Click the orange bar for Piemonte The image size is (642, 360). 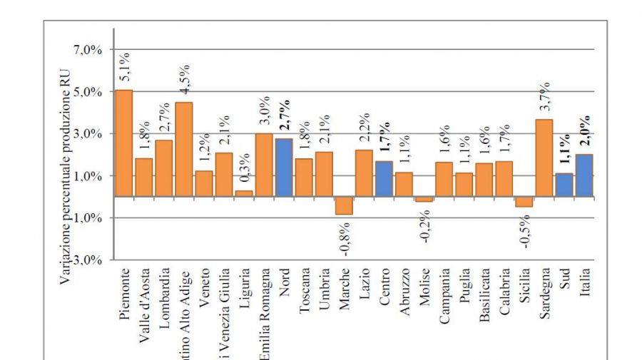tap(124, 143)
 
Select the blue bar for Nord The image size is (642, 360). tap(284, 168)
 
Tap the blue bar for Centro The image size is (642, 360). tap(384, 178)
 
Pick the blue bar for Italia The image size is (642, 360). tap(584, 175)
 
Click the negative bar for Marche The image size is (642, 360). tap(344, 205)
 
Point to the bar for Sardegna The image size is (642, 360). tap(544, 158)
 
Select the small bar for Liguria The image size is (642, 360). tap(244, 193)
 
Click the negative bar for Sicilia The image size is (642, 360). tap(524, 202)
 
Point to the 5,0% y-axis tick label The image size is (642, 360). tap(89, 92)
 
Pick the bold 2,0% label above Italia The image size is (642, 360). tap(585, 130)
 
